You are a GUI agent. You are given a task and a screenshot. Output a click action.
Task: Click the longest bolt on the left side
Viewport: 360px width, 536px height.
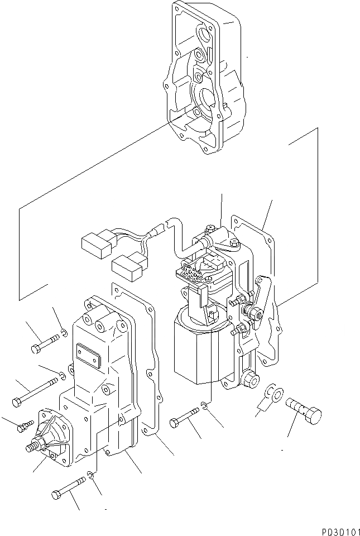(x=35, y=391)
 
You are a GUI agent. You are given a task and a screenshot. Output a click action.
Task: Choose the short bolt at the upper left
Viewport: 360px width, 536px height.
(x=44, y=342)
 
